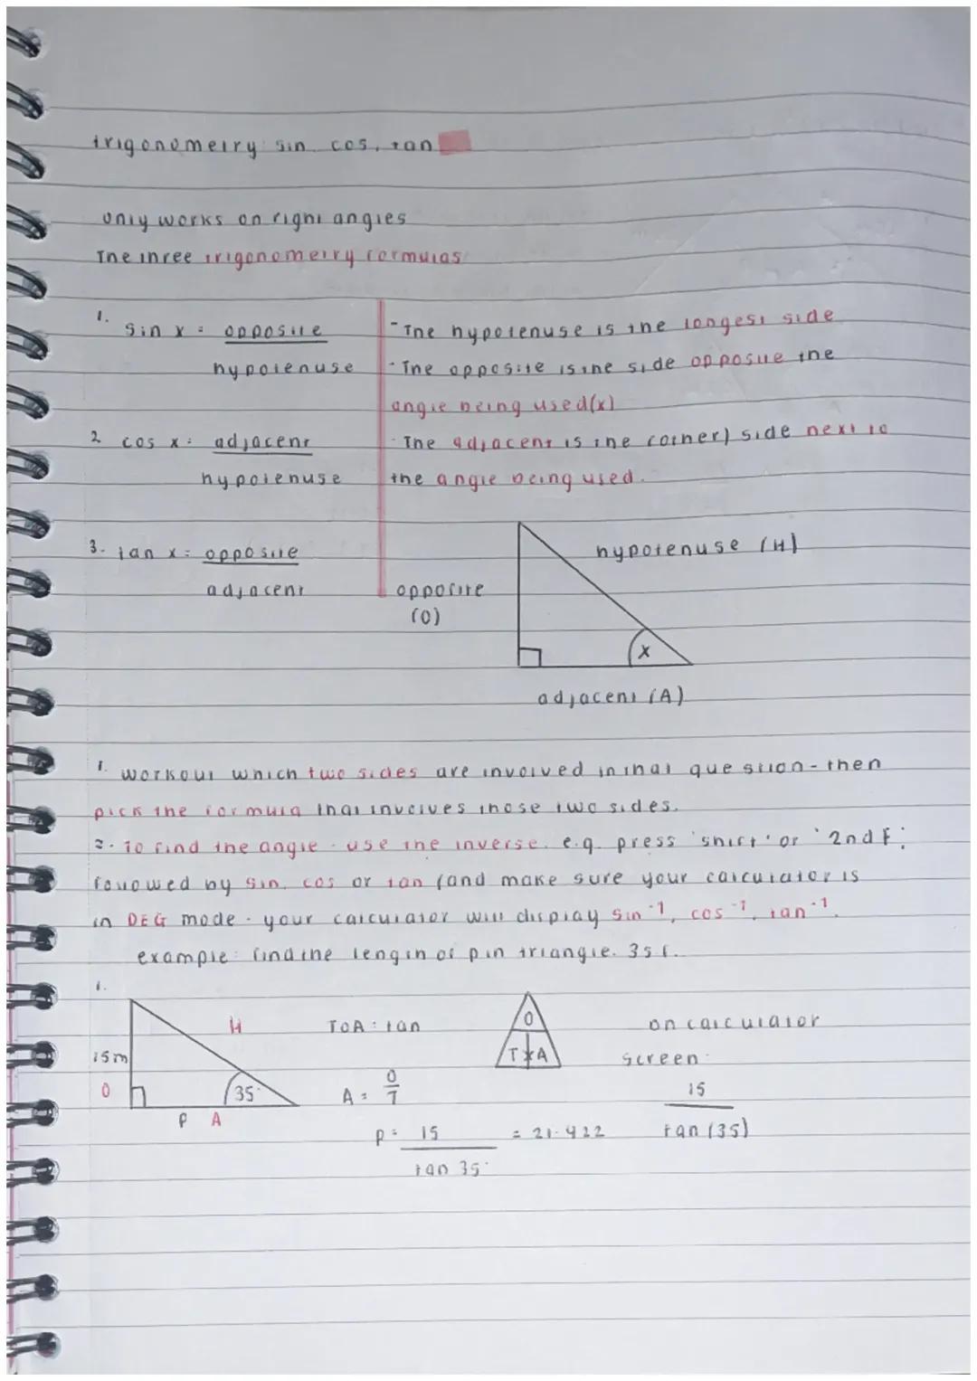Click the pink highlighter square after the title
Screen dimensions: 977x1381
(x=457, y=143)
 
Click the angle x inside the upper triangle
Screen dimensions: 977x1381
(x=644, y=649)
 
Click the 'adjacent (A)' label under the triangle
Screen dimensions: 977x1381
(x=611, y=698)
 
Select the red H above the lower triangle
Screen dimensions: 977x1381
(x=234, y=1026)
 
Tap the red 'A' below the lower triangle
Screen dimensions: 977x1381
(x=215, y=1120)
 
